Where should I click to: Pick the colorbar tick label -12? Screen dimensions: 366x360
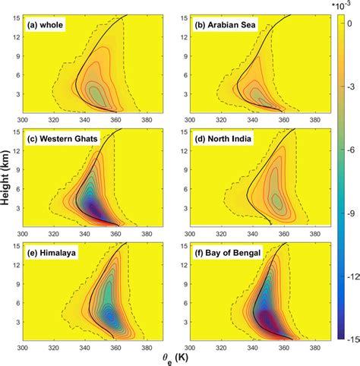[x=346, y=276]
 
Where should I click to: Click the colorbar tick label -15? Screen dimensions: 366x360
[x=346, y=339]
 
